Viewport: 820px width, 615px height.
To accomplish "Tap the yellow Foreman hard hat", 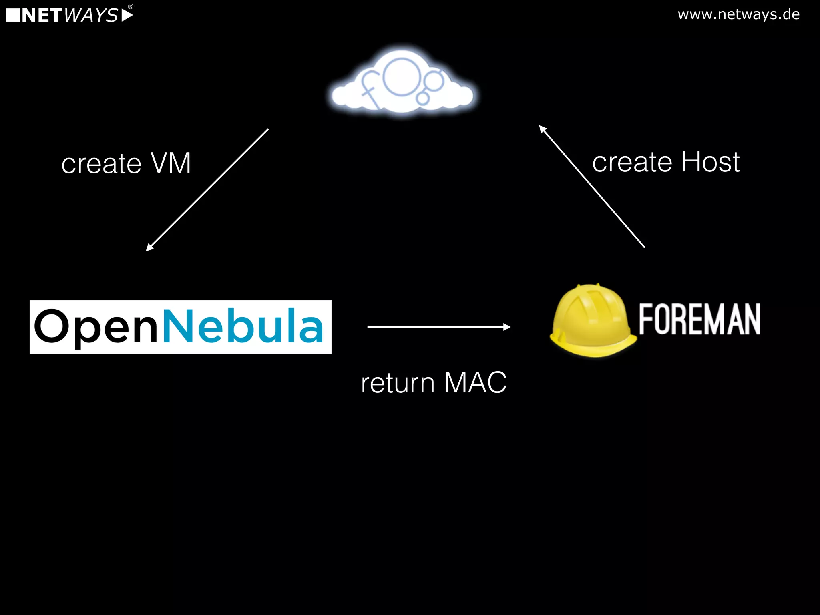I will pyautogui.click(x=593, y=320).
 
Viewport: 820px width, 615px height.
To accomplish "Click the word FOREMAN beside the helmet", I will pyautogui.click(x=699, y=319).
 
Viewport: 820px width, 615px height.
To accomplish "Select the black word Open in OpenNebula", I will pyautogui.click(x=96, y=326).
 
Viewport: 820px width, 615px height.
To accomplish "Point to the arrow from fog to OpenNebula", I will pyautogui.click(x=207, y=190).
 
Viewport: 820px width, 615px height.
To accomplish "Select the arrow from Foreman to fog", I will pyautogui.click(x=592, y=187).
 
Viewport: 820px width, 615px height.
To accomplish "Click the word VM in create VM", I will pyautogui.click(x=171, y=163).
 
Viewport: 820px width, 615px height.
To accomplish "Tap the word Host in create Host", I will pyautogui.click(x=710, y=162).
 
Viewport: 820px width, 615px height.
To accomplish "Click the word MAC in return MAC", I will pyautogui.click(x=475, y=382).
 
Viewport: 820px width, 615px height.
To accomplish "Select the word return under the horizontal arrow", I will pyautogui.click(x=398, y=383).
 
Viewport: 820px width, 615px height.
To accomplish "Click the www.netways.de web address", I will pyautogui.click(x=738, y=14).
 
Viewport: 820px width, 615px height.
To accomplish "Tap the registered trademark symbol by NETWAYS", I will pyautogui.click(x=131, y=6).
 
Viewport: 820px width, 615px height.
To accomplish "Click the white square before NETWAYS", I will pyautogui.click(x=13, y=15).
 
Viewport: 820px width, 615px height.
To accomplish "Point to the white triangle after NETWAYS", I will pyautogui.click(x=127, y=15).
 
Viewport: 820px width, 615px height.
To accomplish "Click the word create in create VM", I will pyautogui.click(x=101, y=164).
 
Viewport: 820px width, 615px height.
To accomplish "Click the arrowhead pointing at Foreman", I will pyautogui.click(x=507, y=327).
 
